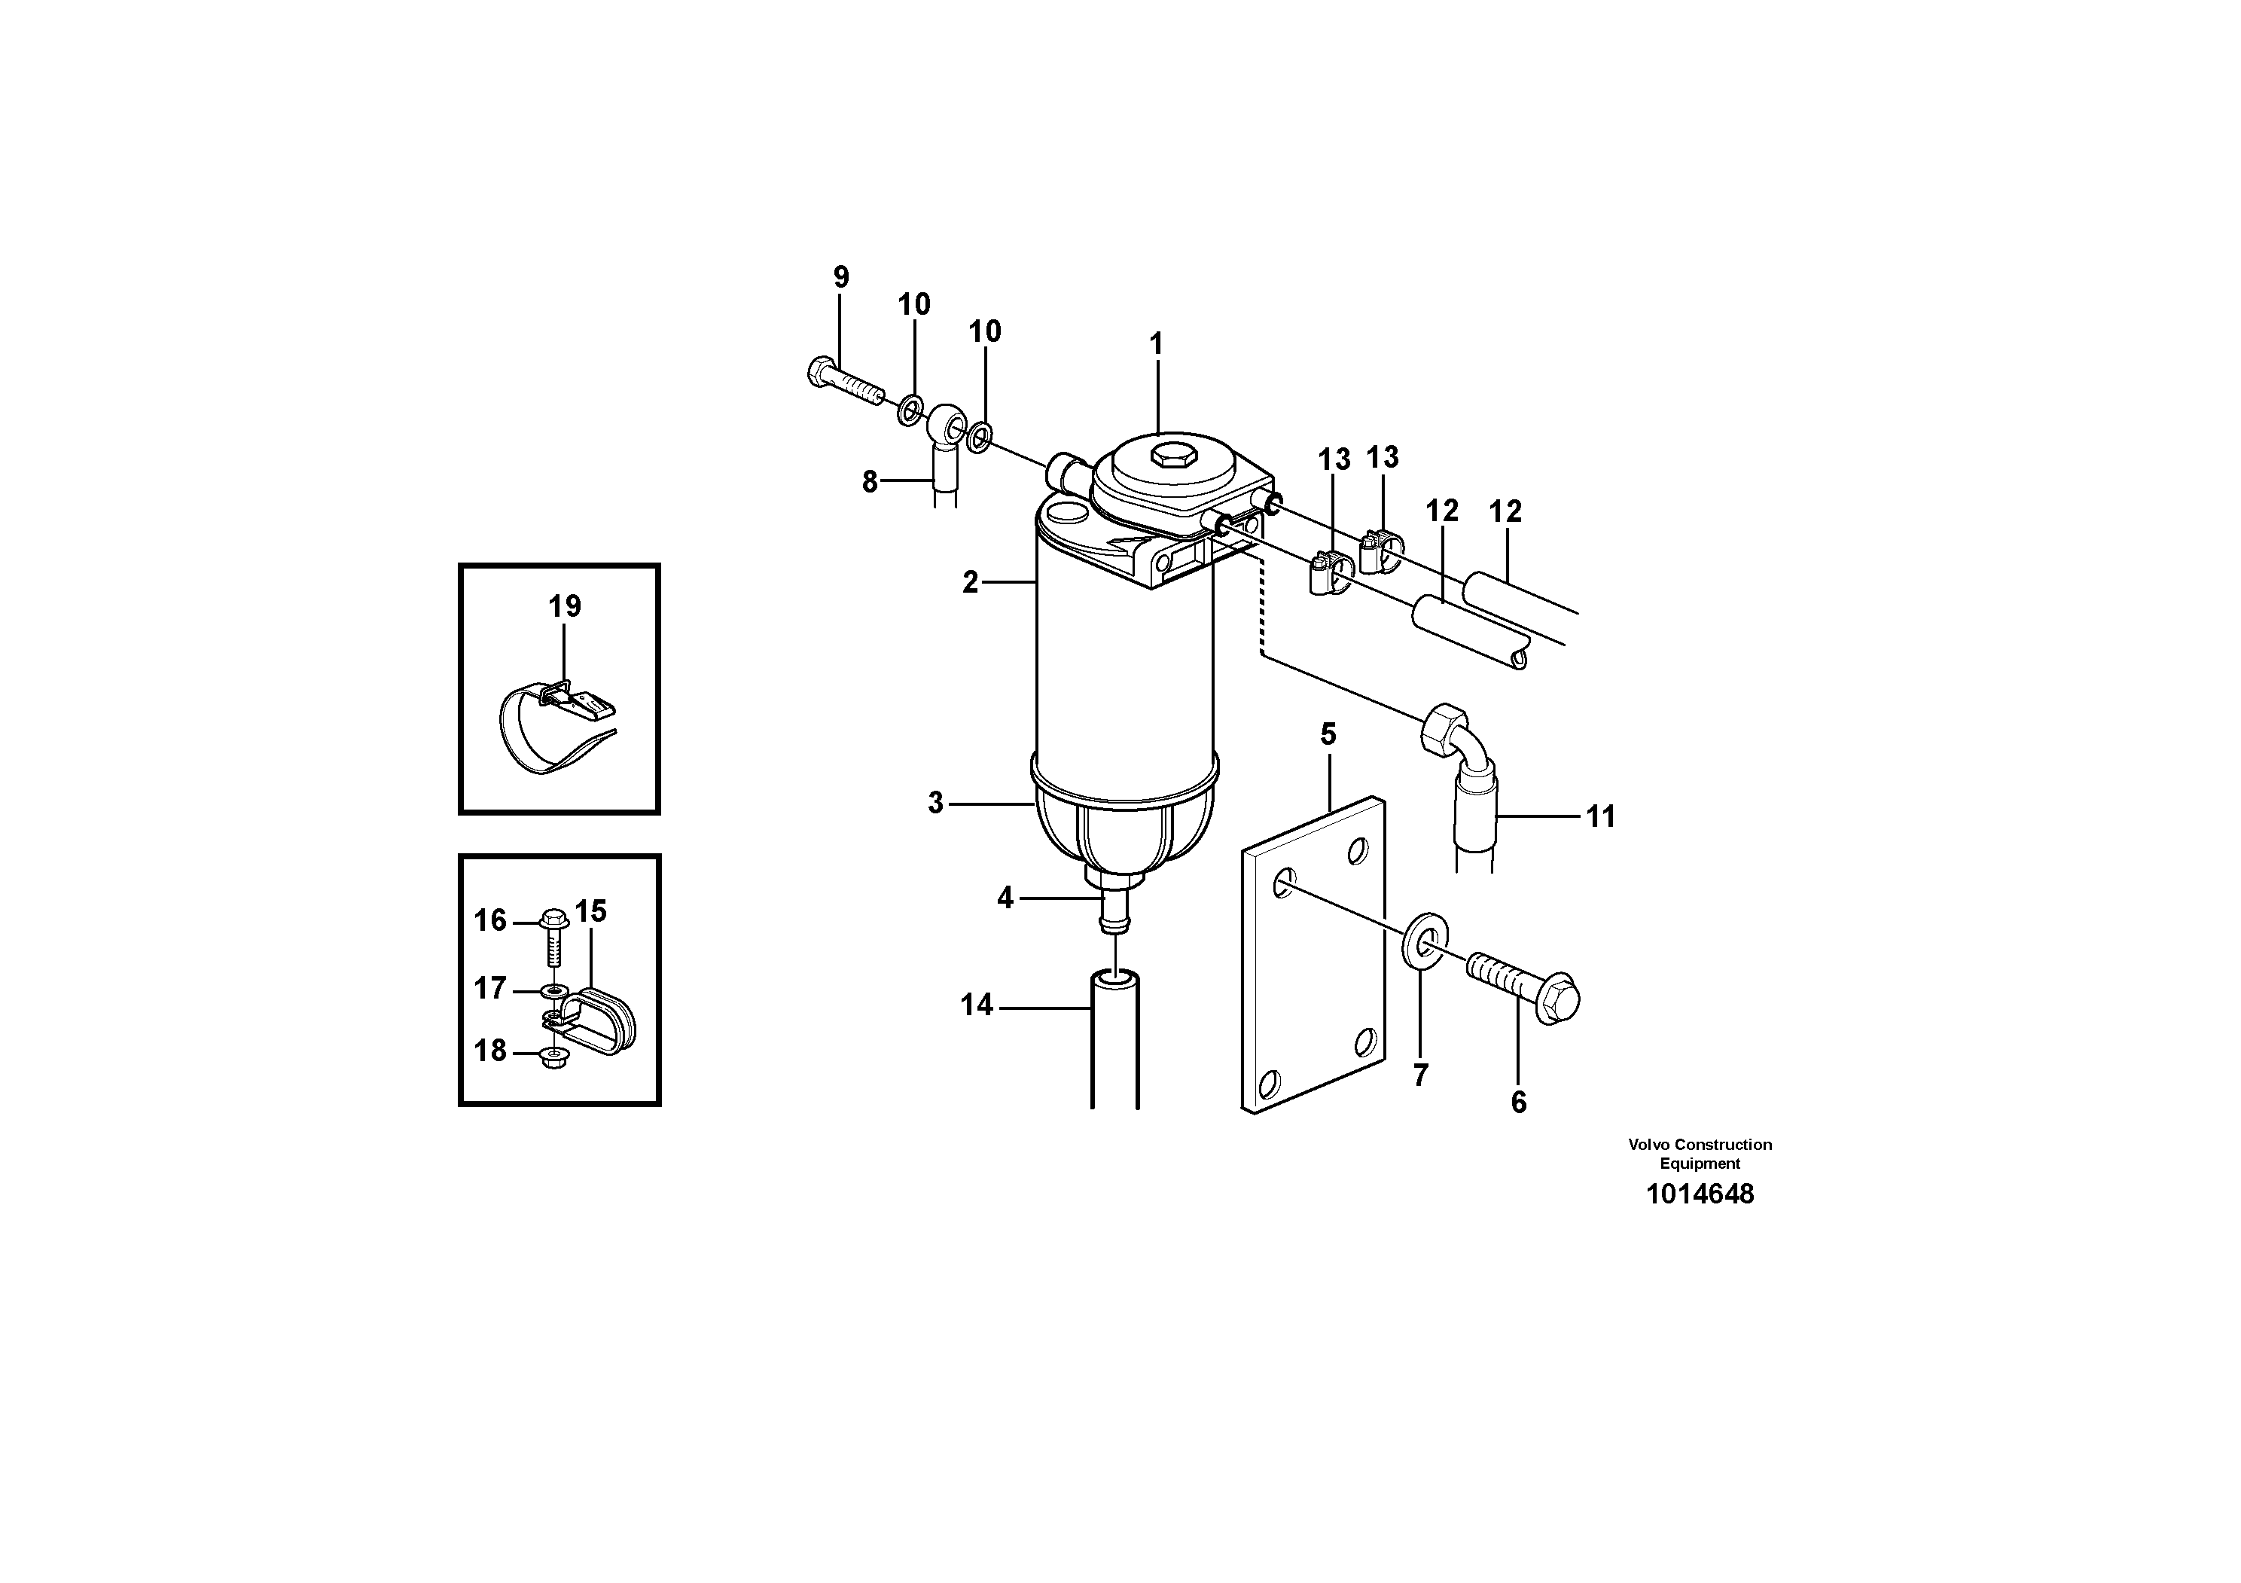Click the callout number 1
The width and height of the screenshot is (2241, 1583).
tap(1157, 344)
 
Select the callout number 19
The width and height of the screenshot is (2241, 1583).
tap(564, 607)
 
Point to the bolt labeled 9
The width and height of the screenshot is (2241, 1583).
tap(844, 383)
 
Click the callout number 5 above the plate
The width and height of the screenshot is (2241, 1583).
tap(1328, 734)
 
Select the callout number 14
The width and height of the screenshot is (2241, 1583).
tap(976, 1005)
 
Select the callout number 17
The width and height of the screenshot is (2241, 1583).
tap(490, 989)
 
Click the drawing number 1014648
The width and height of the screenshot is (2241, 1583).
tap(1700, 1194)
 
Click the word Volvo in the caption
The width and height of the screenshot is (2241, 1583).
tap(1648, 1145)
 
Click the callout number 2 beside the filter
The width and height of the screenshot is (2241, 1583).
tap(969, 583)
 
